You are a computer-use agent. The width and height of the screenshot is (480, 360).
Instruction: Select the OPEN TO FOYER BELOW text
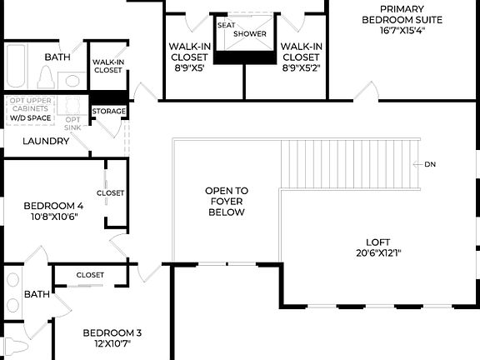(226, 202)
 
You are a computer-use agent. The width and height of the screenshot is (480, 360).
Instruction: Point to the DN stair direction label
(430, 164)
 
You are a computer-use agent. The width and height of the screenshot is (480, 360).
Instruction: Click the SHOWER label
(249, 33)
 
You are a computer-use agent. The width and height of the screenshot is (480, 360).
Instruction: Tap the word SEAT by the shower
(226, 25)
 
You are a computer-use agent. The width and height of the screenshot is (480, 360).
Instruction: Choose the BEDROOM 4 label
(53, 206)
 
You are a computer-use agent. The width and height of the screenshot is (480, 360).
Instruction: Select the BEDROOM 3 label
(107, 333)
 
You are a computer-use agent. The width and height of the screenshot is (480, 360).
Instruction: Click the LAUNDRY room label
(46, 141)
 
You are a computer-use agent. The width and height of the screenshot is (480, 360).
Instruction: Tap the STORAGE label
(109, 111)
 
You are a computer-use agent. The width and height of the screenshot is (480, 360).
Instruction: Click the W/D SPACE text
(30, 118)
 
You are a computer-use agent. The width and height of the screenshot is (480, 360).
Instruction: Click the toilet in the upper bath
(46, 77)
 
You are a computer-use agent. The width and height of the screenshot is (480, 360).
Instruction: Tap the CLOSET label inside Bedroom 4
(110, 192)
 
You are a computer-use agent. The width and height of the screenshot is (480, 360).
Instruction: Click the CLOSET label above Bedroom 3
(90, 274)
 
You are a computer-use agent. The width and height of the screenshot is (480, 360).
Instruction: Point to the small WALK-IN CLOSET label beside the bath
(107, 66)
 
